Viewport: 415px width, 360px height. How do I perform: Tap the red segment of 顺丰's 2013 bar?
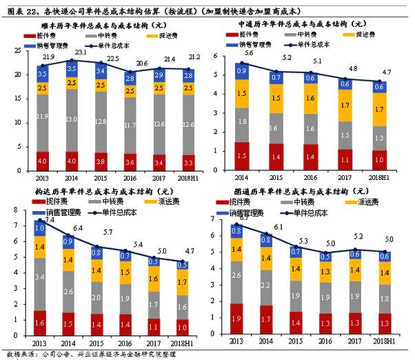point(42,161)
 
